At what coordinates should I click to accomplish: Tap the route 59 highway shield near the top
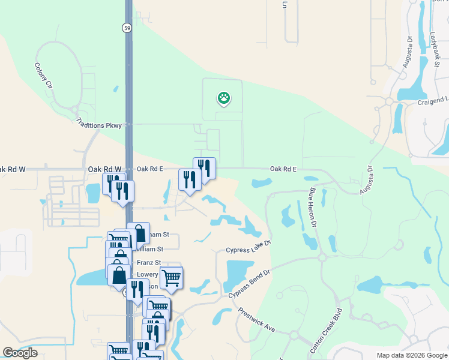(126, 28)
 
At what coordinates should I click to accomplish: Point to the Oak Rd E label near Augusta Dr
(283, 169)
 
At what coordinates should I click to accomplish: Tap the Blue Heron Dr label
(313, 208)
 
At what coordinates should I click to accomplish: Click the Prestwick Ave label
(257, 320)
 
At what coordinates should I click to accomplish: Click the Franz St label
(149, 263)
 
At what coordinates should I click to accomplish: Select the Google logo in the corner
(20, 353)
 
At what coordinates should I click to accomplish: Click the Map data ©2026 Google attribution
(412, 355)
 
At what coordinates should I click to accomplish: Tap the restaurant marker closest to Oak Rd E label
(204, 168)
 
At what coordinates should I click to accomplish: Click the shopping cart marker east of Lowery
(172, 278)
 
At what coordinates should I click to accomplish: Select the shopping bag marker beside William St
(139, 235)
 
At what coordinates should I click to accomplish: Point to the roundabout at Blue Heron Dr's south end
(322, 258)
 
